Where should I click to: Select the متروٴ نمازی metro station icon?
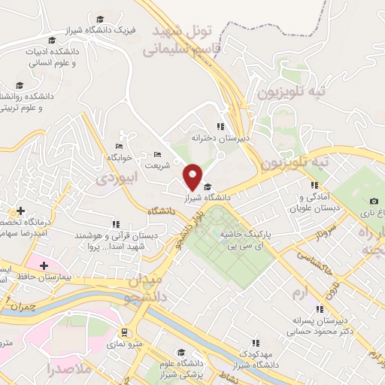point(123,332)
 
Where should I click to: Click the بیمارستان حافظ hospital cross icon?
point(44,265)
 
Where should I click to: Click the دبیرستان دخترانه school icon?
point(220,126)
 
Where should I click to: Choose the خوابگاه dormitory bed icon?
point(119,146)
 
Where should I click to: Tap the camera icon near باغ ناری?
point(374,201)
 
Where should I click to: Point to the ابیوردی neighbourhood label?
point(114,177)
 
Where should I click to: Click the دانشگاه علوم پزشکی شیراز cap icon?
point(180,353)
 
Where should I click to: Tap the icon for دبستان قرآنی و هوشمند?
point(115,224)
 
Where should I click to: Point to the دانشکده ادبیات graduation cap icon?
point(52,41)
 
